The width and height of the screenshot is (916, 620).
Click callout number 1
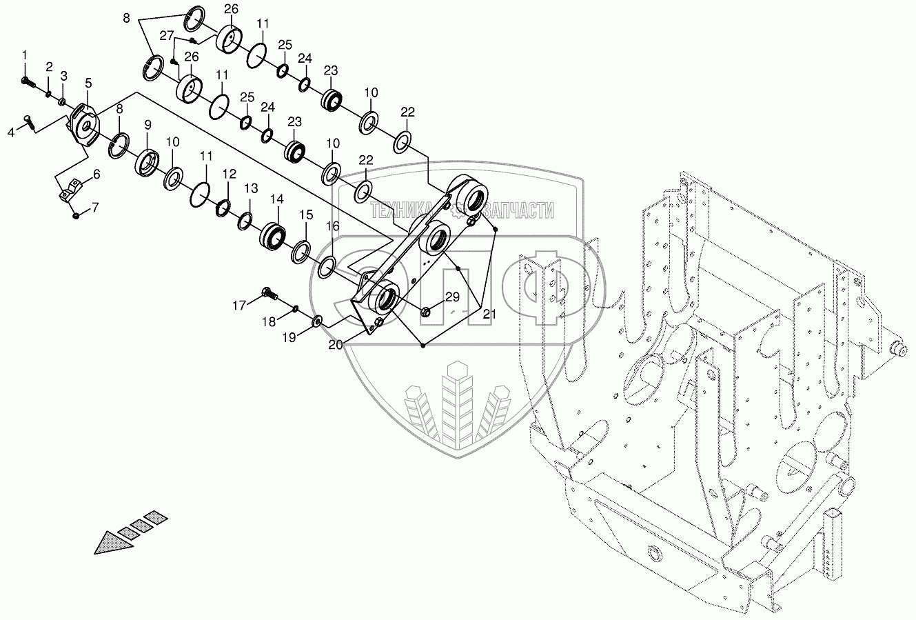(x=25, y=54)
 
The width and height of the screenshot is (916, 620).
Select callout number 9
(x=147, y=126)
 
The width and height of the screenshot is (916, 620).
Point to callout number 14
(x=276, y=199)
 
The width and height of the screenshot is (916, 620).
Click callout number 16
(x=332, y=226)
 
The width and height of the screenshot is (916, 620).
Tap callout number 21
(x=489, y=314)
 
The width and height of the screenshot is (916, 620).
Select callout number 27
(x=166, y=36)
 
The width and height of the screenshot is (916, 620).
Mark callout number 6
(x=96, y=174)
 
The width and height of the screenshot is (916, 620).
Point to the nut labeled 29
(x=425, y=313)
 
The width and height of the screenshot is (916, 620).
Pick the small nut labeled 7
(x=77, y=215)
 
